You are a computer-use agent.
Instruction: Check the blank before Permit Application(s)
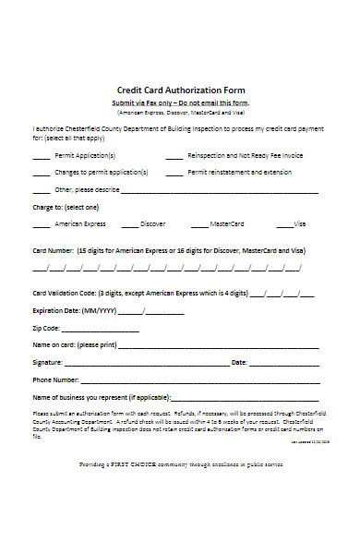(x=42, y=158)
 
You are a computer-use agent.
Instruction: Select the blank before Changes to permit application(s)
(x=42, y=174)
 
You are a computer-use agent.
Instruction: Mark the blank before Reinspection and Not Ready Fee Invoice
(x=174, y=158)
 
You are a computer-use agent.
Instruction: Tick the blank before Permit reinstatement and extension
(x=174, y=174)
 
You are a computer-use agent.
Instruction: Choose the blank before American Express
(x=42, y=225)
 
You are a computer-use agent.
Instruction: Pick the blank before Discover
(x=129, y=225)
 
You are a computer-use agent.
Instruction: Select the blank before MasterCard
(x=198, y=225)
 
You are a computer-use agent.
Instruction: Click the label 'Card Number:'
(x=54, y=251)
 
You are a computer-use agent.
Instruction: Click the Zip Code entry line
(x=89, y=329)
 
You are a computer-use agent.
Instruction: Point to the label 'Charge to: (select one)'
(x=66, y=208)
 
